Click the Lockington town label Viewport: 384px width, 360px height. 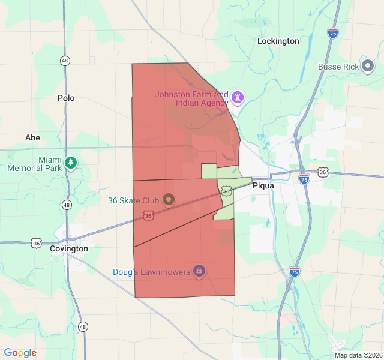(278, 41)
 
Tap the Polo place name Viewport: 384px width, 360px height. (66, 98)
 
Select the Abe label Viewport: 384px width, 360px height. (32, 137)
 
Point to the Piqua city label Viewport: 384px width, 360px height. (263, 185)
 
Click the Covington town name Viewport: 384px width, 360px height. (69, 248)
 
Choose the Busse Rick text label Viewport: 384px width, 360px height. (338, 67)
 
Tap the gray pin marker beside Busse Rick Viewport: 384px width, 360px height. (368, 67)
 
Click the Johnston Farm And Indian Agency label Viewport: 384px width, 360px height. (192, 98)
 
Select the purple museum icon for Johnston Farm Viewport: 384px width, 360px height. (238, 97)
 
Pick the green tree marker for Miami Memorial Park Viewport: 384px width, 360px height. (71, 163)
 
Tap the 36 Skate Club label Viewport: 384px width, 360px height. (133, 200)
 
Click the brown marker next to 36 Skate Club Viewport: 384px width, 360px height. (168, 199)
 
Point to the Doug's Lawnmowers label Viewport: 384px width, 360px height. (151, 272)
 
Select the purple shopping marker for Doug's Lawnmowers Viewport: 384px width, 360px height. (199, 271)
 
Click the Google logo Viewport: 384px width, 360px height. (20, 353)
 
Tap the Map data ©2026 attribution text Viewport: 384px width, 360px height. (358, 355)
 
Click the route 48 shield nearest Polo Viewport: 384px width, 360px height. (65, 61)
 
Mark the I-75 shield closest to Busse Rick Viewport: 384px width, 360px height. (333, 32)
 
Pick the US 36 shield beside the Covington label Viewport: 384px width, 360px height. (37, 243)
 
